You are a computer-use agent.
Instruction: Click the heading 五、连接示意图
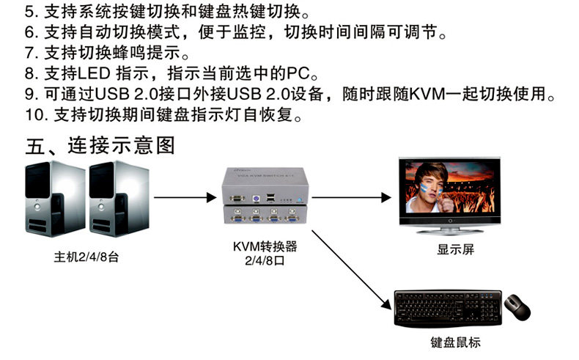100,144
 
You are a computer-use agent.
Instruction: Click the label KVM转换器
265,246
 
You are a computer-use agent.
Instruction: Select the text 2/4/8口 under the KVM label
265,260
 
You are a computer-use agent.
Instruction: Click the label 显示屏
456,249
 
